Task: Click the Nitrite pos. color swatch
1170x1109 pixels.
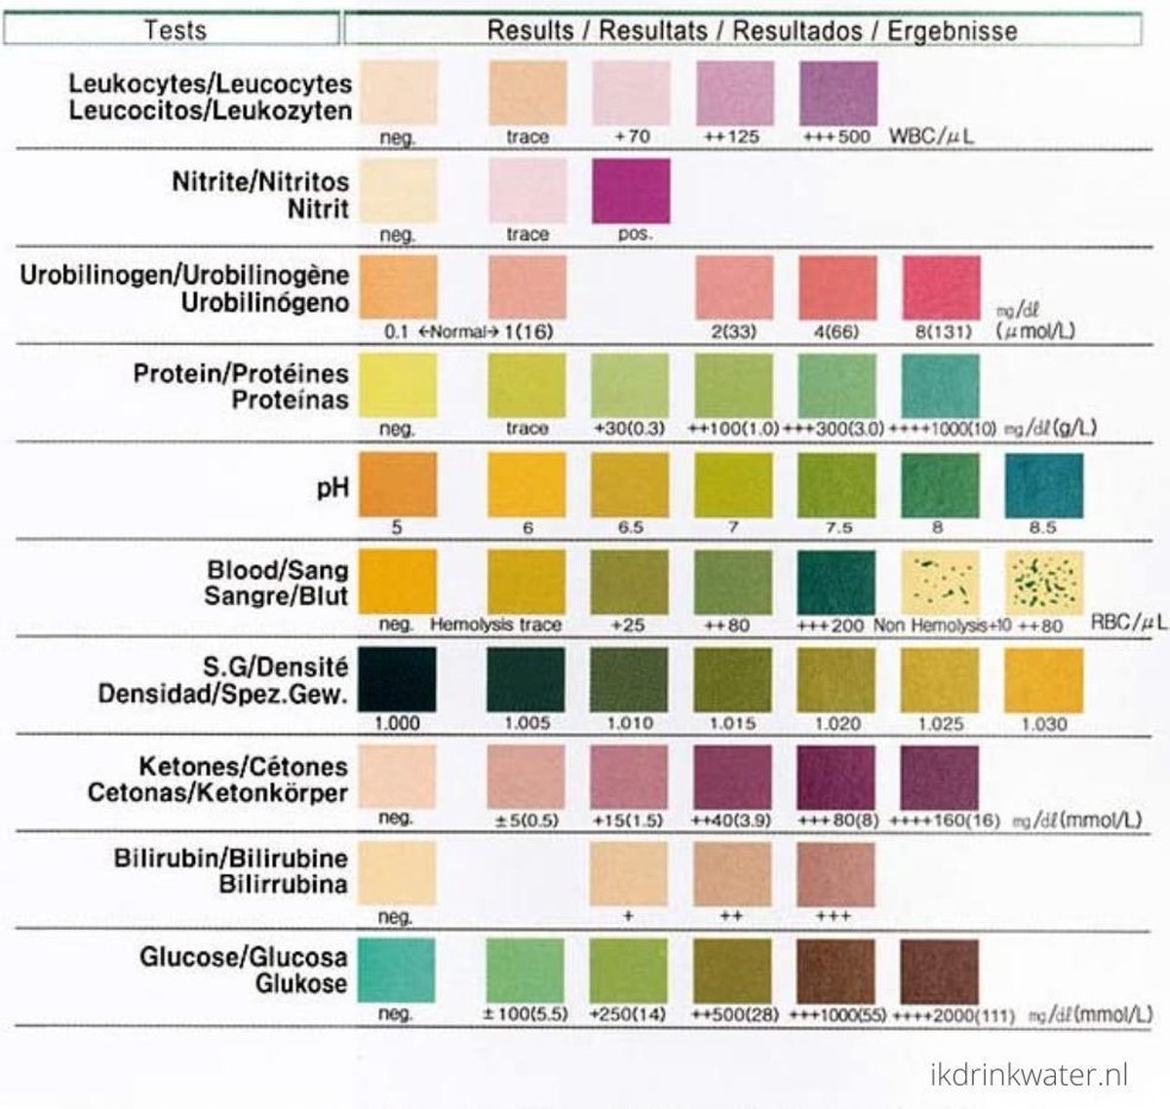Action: (x=631, y=191)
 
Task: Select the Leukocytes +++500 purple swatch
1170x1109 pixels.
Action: (x=838, y=94)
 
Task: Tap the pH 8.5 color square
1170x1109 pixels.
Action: (x=1043, y=484)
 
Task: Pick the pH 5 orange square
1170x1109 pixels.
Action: (x=397, y=484)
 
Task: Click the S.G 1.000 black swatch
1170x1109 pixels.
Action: (x=397, y=679)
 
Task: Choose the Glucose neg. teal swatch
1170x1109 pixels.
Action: (x=397, y=971)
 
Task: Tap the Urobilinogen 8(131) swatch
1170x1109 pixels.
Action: (x=941, y=288)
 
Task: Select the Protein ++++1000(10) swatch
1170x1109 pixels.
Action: (x=941, y=386)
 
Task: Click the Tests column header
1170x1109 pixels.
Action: (x=175, y=30)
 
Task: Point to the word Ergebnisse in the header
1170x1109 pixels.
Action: (x=952, y=30)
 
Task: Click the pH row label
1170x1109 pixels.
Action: (x=332, y=486)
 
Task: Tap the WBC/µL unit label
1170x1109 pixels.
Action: (x=931, y=135)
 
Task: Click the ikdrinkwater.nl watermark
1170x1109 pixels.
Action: (x=1028, y=1075)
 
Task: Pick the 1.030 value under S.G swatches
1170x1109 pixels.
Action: (x=1043, y=724)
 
